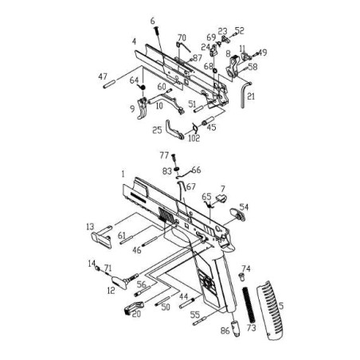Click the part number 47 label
(x=103, y=76)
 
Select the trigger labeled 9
(x=143, y=108)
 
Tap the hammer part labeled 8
(x=233, y=68)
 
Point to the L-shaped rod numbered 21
(x=245, y=95)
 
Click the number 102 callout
(x=194, y=138)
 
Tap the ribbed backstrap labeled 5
(x=270, y=311)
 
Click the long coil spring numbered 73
(x=248, y=305)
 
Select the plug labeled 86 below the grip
(x=236, y=328)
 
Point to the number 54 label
(x=244, y=207)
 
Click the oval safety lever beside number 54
(x=237, y=214)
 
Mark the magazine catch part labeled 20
(x=134, y=307)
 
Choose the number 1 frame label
(x=123, y=174)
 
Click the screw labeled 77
(x=174, y=160)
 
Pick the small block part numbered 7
(x=221, y=198)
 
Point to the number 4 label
(x=134, y=41)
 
